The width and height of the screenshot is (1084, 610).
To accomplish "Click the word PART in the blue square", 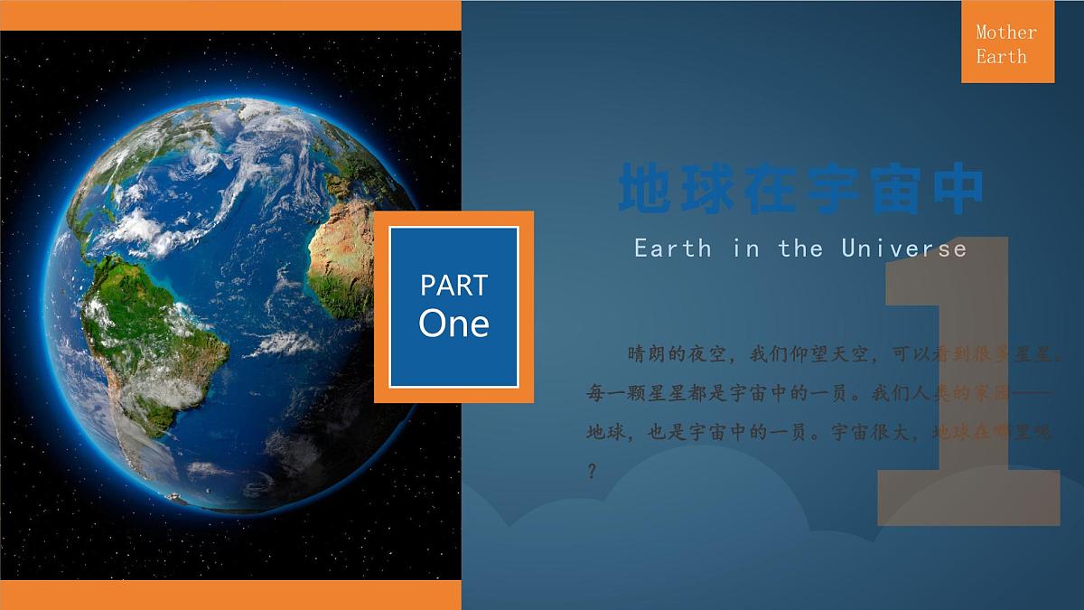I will tap(453, 286).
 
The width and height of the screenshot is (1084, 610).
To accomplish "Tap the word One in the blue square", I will tap(453, 324).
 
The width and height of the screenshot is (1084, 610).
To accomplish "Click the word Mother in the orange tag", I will tap(1006, 33).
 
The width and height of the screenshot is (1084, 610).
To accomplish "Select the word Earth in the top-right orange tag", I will tap(1001, 56).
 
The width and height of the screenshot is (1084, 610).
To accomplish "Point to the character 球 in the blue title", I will tap(711, 190).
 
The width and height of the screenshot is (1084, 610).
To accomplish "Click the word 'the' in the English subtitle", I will tap(800, 248).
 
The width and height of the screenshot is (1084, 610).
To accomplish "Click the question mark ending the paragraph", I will tap(592, 472).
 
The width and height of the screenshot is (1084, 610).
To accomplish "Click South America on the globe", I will tap(154, 343).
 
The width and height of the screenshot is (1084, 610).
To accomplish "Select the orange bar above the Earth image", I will tap(230, 14).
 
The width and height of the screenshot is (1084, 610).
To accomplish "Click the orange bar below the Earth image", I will tap(230, 595).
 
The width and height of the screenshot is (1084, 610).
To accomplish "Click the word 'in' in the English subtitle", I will tap(746, 248).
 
